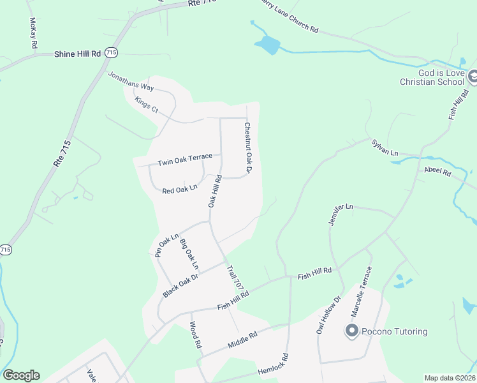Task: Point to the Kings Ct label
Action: point(146,104)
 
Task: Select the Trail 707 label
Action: point(234,276)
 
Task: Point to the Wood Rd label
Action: point(195,333)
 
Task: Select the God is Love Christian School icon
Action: point(472,77)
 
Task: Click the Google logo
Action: point(21,375)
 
